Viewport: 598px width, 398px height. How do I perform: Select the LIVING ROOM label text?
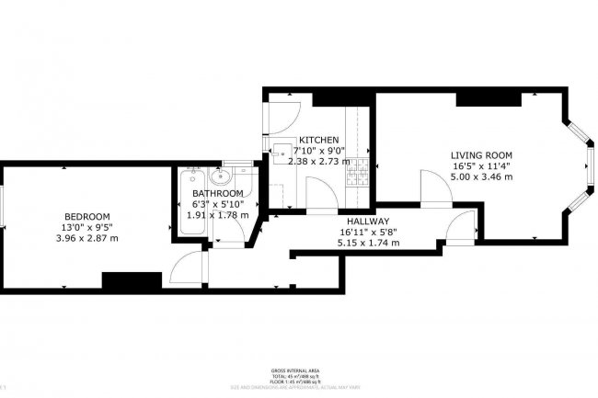pyautogui.click(x=480, y=154)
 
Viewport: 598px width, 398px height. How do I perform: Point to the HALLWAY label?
pyautogui.click(x=368, y=222)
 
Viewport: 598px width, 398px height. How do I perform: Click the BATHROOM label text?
pyautogui.click(x=218, y=193)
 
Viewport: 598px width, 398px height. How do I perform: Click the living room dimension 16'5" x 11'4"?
pyautogui.click(x=480, y=165)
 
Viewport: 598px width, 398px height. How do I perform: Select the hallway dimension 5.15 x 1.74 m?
pyautogui.click(x=368, y=244)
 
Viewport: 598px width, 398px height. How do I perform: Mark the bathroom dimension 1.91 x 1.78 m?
pyautogui.click(x=218, y=215)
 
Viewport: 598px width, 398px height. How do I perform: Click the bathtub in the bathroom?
pyautogui.click(x=190, y=198)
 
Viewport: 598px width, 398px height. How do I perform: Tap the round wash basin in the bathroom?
pyautogui.click(x=220, y=178)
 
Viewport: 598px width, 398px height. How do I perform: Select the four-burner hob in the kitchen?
pyautogui.click(x=362, y=169)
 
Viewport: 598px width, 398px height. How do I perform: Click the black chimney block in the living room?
pyautogui.click(x=478, y=99)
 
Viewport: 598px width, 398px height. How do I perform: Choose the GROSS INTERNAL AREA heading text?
pyautogui.click(x=297, y=370)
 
